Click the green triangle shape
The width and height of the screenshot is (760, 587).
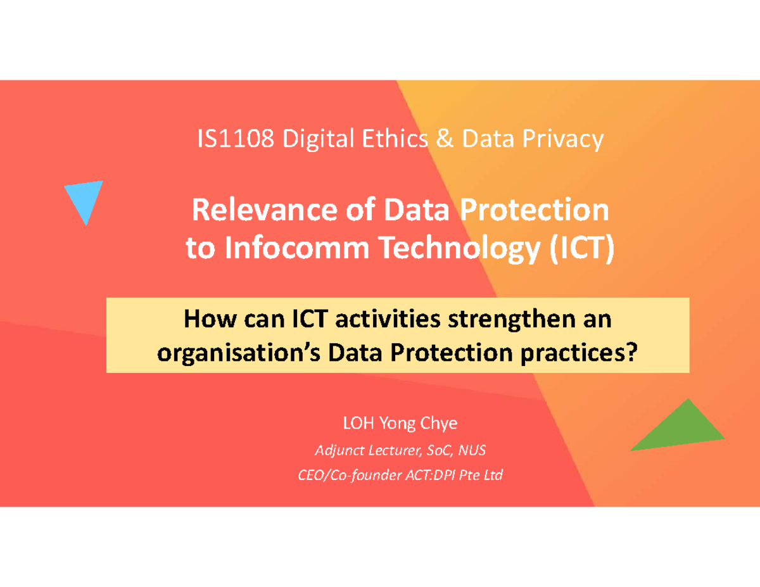[x=680, y=431]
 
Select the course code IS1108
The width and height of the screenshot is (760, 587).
[x=236, y=139]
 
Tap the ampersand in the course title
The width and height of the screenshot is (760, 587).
[x=445, y=139]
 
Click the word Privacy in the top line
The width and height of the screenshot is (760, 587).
[x=563, y=140]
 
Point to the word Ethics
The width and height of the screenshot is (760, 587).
[x=395, y=139]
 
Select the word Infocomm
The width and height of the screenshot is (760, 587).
[x=297, y=248]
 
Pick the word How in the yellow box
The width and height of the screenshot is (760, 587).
[x=210, y=319]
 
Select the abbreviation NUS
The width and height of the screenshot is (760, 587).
[x=472, y=450]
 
